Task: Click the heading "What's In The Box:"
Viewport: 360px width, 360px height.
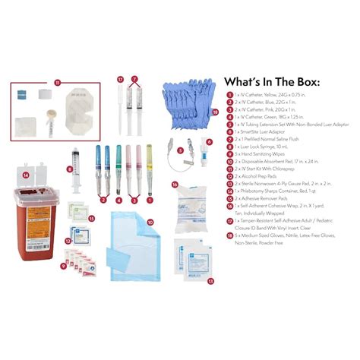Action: coord(272,82)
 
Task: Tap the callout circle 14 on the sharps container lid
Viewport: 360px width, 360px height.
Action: coord(25,175)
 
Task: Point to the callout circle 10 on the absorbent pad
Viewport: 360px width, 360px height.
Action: coord(150,222)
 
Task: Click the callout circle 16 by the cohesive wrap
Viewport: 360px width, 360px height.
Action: coord(175,184)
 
